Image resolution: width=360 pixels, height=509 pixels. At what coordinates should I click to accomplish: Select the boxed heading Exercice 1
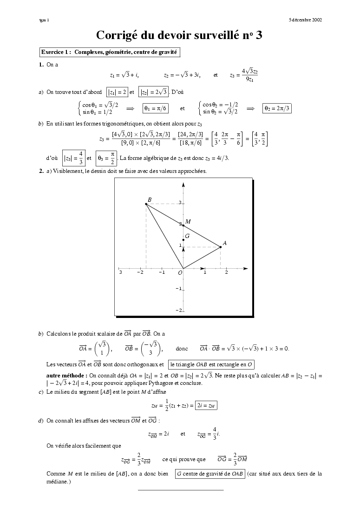point(109,53)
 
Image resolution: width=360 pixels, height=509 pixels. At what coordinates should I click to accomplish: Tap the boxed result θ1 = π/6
point(156,108)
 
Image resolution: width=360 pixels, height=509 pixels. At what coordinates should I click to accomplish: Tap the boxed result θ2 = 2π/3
point(277,108)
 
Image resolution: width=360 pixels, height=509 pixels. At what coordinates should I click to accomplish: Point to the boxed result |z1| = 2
point(117,92)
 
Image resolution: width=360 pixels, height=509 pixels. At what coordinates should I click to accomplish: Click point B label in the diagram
point(150,200)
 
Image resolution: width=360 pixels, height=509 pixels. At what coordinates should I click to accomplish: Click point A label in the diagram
point(225,243)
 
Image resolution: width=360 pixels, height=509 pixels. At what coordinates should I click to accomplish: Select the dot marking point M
point(183,225)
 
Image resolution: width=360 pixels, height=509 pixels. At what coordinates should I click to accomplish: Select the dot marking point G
point(183,240)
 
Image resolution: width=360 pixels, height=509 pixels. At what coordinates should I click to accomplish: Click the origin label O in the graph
point(180,273)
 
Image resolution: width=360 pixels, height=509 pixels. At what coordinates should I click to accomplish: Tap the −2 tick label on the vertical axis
point(178,310)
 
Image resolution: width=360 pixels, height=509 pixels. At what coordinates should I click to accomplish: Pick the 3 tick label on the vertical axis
point(179,203)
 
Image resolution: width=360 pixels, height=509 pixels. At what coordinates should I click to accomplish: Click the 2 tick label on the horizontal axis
point(226,272)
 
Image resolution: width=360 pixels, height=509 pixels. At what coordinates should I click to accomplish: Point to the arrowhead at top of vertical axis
point(183,185)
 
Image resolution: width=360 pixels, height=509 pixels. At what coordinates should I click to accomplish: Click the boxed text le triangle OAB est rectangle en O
point(211,364)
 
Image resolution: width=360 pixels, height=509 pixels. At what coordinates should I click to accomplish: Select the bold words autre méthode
point(66,375)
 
